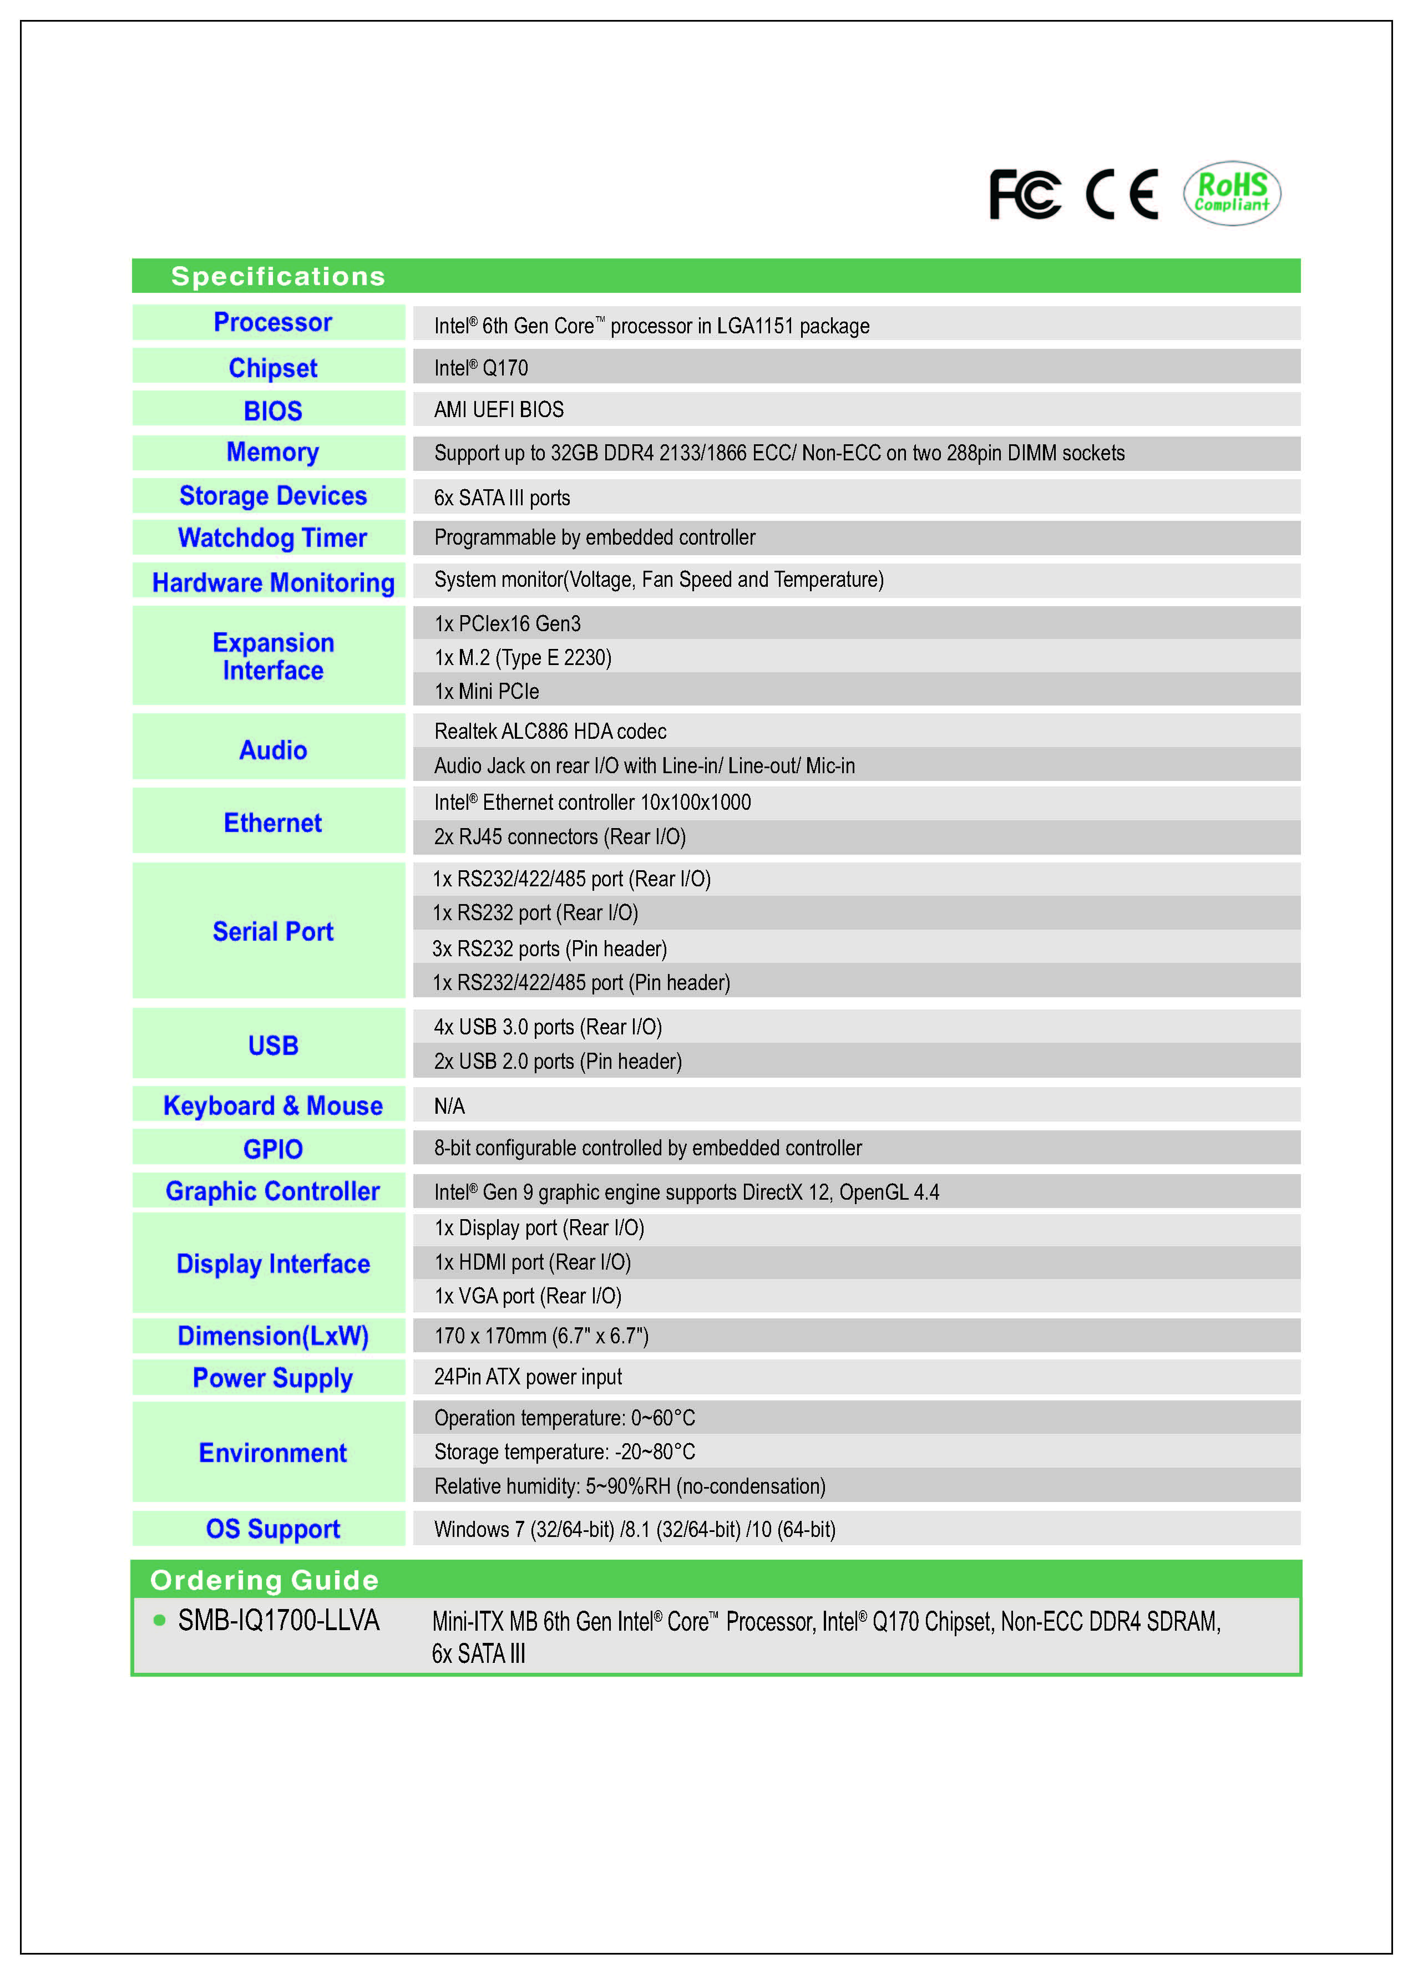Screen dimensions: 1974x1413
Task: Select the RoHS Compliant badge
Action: (x=1231, y=193)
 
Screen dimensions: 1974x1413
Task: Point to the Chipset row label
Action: (x=272, y=368)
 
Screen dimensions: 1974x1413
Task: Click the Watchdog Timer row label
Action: (x=272, y=537)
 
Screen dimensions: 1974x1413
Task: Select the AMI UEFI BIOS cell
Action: (x=499, y=410)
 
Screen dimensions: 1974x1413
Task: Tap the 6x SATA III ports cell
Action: (x=502, y=498)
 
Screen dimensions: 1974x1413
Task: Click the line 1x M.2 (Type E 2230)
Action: (x=523, y=658)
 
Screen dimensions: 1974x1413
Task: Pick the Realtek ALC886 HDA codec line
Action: (x=550, y=732)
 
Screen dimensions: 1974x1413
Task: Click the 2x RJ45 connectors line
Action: (x=559, y=837)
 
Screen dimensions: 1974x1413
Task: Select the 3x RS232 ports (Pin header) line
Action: (x=550, y=948)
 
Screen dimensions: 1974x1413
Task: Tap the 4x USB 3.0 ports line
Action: (x=547, y=1027)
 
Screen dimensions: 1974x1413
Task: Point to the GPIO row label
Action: (x=272, y=1149)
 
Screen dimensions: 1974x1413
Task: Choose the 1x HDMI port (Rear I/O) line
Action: (x=533, y=1262)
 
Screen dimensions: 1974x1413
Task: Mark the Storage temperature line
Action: (x=565, y=1452)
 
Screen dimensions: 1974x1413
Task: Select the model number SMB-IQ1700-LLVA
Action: (x=278, y=1620)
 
